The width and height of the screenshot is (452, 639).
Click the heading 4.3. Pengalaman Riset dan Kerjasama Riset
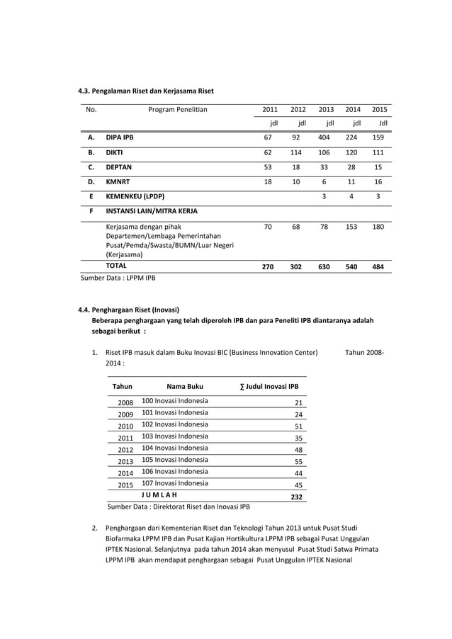click(145, 91)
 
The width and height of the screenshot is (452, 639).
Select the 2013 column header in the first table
click(326, 110)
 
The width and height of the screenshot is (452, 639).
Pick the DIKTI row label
click(114, 152)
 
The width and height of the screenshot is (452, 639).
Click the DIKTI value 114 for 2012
click(298, 152)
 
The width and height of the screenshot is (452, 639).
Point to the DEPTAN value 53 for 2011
click(268, 167)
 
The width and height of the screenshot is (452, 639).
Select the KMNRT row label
click(117, 182)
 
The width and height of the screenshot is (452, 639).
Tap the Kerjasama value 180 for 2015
click(379, 227)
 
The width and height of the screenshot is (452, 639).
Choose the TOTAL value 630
click(325, 267)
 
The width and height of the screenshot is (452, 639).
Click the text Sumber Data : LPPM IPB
click(117, 278)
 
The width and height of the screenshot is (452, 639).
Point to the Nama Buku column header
click(185, 387)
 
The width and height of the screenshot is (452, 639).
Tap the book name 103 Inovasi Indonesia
click(175, 436)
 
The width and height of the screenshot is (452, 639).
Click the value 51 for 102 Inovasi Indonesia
click(298, 426)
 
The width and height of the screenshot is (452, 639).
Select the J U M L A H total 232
click(297, 497)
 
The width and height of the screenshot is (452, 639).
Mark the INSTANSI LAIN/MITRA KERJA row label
click(152, 211)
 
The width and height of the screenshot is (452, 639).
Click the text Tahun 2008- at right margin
click(365, 351)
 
